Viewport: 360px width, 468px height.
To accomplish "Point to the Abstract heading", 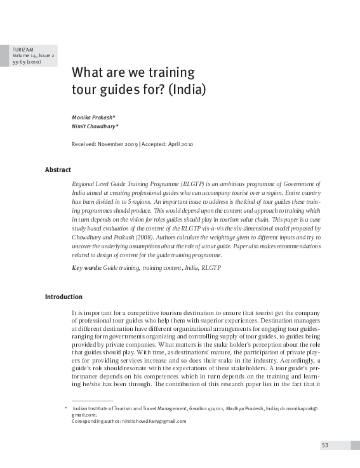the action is coord(57,170).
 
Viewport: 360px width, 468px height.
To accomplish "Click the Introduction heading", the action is coord(63,297).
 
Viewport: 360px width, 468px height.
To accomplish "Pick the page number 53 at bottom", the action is coord(324,445).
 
